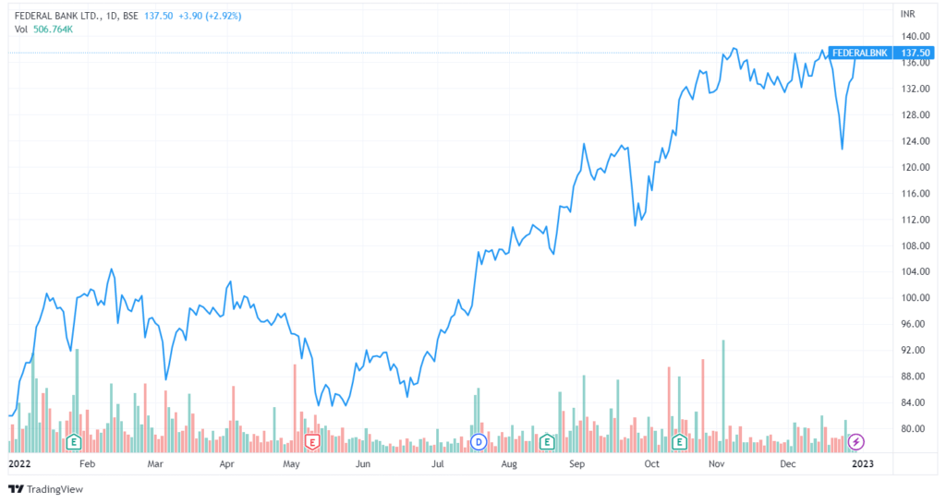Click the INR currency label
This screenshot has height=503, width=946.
(x=907, y=14)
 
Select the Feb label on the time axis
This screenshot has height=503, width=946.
(x=87, y=464)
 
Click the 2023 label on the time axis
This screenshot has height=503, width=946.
(x=861, y=464)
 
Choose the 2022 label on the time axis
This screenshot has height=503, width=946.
(x=19, y=464)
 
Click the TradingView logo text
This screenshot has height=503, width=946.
(x=52, y=489)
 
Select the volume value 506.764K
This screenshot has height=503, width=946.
(x=53, y=30)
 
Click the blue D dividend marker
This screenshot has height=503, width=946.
(x=479, y=442)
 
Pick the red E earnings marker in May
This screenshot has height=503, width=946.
(x=312, y=442)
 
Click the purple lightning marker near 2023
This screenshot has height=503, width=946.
(x=856, y=442)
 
